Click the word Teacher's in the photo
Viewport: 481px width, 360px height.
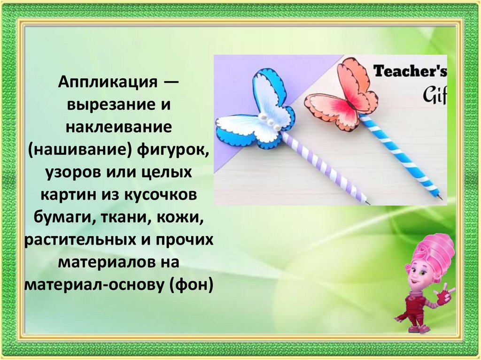[409, 71]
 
